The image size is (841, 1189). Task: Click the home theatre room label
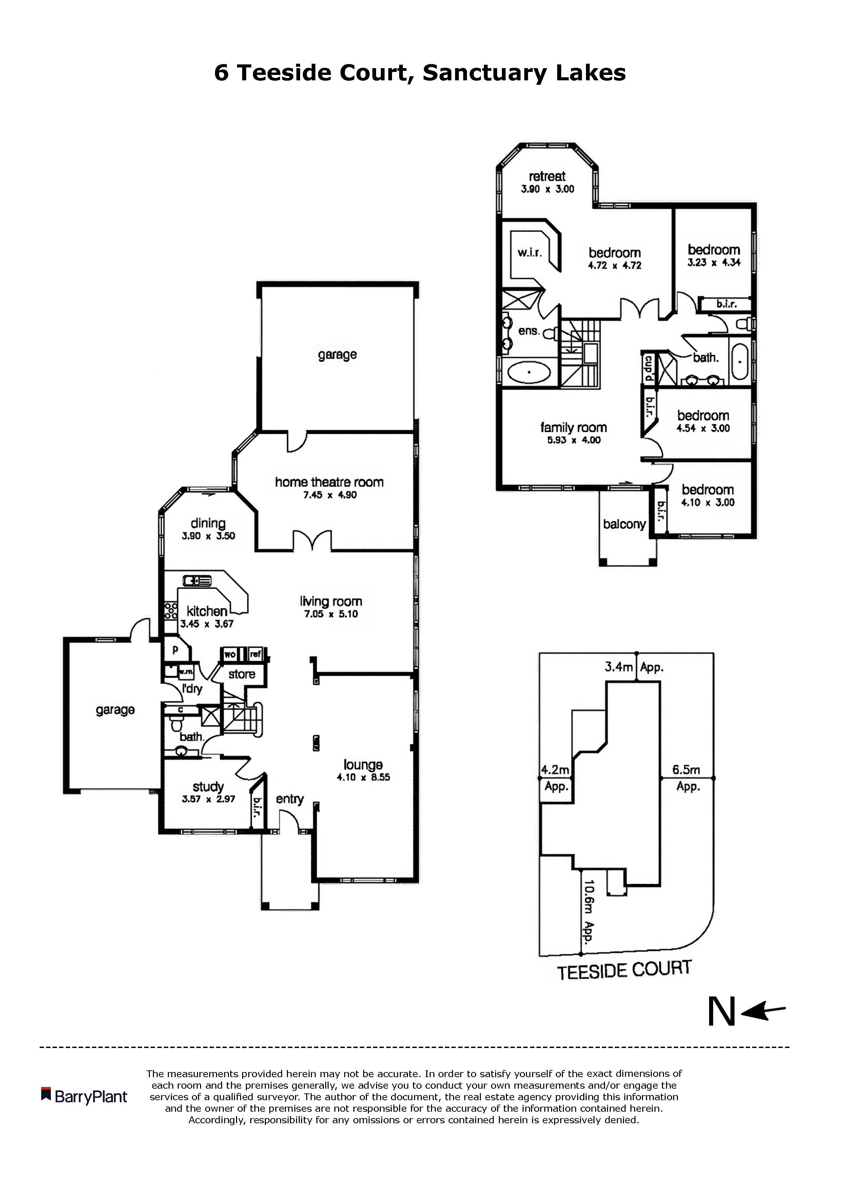[x=329, y=482]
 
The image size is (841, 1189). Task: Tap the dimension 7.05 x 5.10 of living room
[x=331, y=614]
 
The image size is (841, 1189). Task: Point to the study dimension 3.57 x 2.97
[x=208, y=799]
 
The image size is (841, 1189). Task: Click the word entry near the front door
[x=290, y=799]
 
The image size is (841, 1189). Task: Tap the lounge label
[x=363, y=765]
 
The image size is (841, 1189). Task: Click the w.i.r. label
[x=530, y=253]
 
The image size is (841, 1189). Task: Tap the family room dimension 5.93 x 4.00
[x=574, y=440]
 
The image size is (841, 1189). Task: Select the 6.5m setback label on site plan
[x=686, y=770]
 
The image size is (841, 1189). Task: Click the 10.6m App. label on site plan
[x=588, y=911]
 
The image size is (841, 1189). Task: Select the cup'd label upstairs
[x=648, y=368]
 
